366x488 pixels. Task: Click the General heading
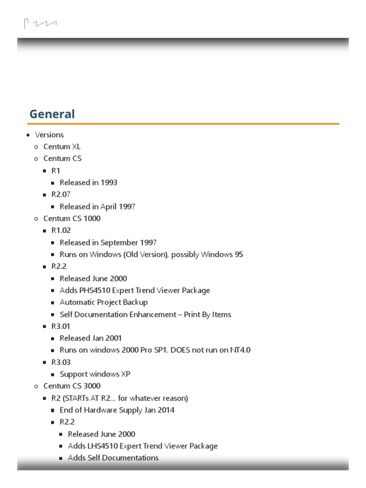tap(52, 114)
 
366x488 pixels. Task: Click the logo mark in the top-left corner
tap(40, 23)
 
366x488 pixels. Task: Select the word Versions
tap(49, 135)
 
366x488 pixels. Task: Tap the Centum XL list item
tap(62, 147)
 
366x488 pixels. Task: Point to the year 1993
tap(109, 183)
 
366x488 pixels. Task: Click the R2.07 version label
tap(61, 194)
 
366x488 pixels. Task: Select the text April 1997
tap(118, 207)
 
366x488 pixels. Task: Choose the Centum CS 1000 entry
tap(72, 219)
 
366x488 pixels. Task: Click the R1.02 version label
tap(61, 231)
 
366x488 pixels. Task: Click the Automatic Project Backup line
tap(103, 302)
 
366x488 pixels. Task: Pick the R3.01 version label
tap(61, 326)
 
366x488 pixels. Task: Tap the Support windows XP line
tap(95, 374)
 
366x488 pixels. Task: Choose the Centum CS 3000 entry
tap(72, 386)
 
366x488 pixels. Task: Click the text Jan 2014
tap(159, 410)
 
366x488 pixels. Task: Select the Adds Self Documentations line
tap(113, 458)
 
